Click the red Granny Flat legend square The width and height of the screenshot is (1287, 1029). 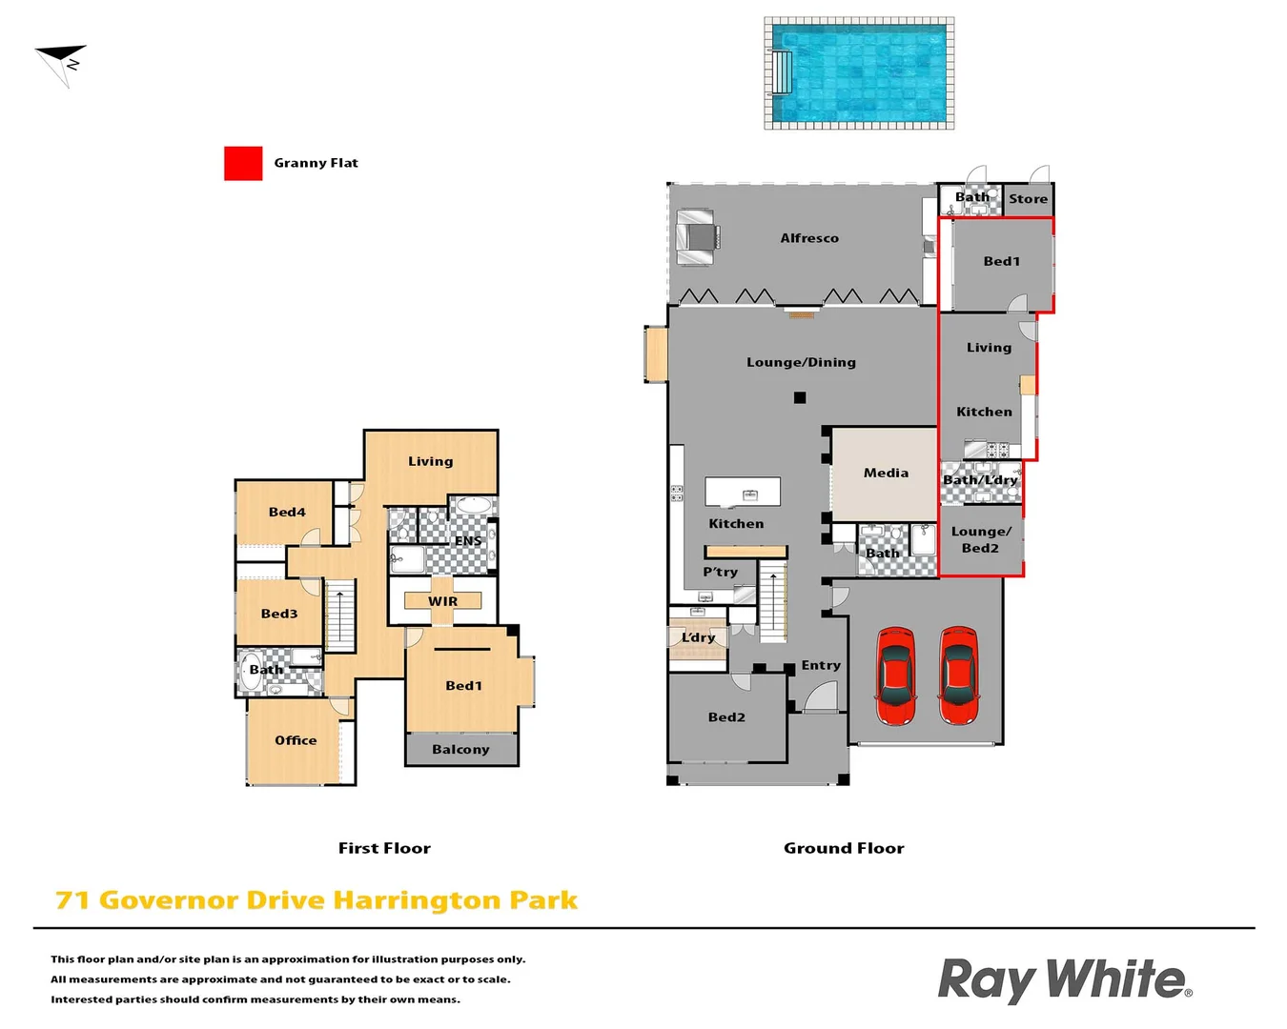[243, 163]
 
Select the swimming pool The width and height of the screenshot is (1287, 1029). [859, 73]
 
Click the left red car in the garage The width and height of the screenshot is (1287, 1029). [895, 676]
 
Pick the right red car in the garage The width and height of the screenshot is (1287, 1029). [958, 676]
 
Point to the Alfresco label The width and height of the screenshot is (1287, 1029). [809, 238]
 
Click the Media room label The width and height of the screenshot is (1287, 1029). [886, 473]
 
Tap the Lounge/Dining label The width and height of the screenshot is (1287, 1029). [801, 362]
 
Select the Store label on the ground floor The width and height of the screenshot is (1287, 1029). [1028, 199]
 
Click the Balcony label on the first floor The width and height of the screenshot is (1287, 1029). [460, 750]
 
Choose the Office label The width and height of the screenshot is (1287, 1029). [296, 740]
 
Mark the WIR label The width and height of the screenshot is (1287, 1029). [442, 601]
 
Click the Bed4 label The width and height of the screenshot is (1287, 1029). [287, 512]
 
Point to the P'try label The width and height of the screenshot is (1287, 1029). [720, 572]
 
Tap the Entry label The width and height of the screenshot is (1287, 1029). [821, 665]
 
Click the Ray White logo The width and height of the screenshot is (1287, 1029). [1064, 980]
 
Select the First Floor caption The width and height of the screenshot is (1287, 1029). [384, 848]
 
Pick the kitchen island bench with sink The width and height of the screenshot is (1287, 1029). [743, 492]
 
